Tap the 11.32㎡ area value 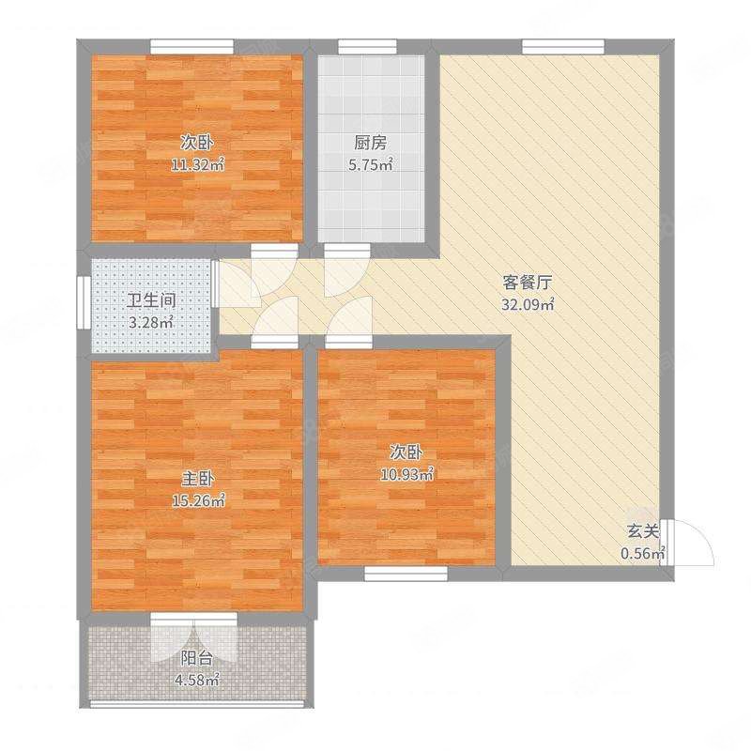[x=198, y=165]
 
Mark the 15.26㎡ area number [x=198, y=500]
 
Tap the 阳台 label [x=195, y=658]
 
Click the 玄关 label [x=642, y=531]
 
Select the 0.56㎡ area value [x=643, y=552]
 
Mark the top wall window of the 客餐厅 [x=563, y=44]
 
